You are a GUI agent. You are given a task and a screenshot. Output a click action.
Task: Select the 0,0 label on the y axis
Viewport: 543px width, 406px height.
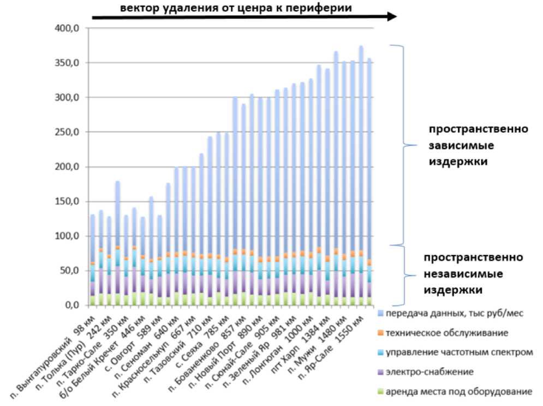(x=74, y=305)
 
